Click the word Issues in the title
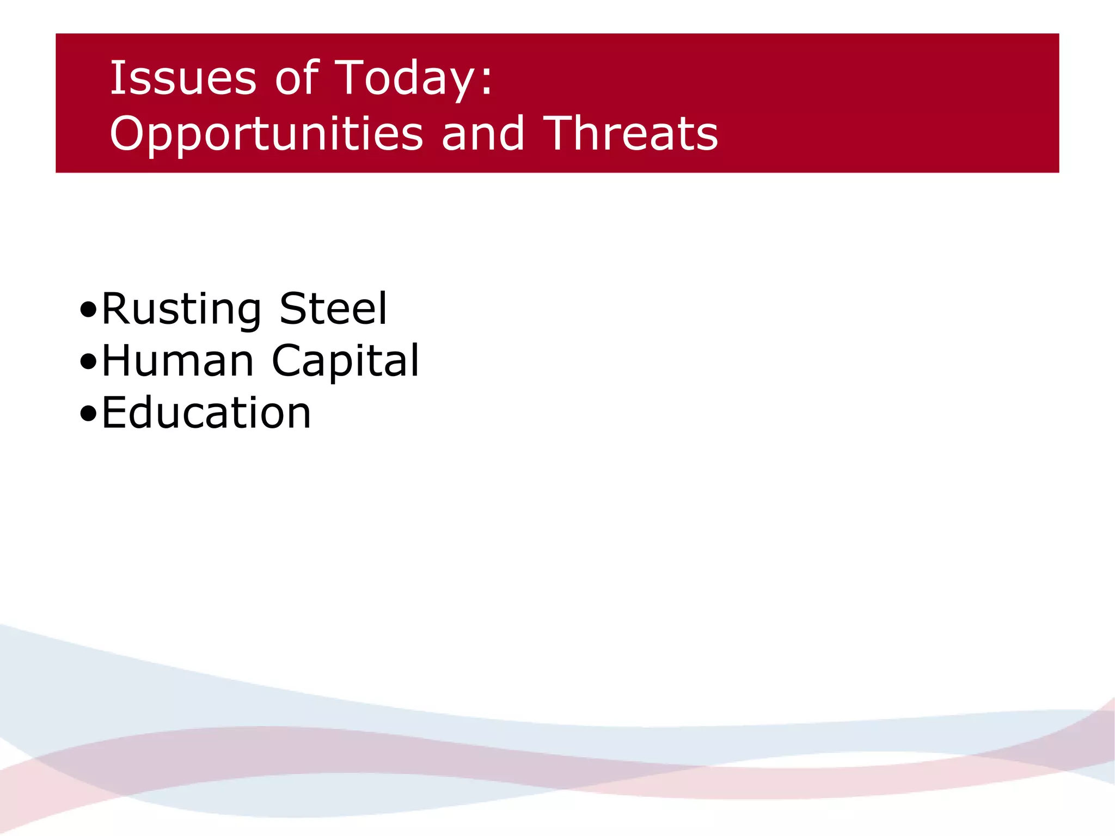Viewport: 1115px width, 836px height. point(183,78)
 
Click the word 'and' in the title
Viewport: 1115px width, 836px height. point(483,134)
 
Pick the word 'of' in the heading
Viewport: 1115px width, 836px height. point(297,78)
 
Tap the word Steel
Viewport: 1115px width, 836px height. point(333,309)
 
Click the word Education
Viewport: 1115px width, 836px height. point(206,413)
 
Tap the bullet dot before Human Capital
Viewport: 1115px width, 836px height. point(88,362)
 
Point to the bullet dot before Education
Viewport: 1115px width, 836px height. point(88,414)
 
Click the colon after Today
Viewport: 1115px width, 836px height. point(486,84)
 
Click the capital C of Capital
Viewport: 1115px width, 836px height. point(287,361)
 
